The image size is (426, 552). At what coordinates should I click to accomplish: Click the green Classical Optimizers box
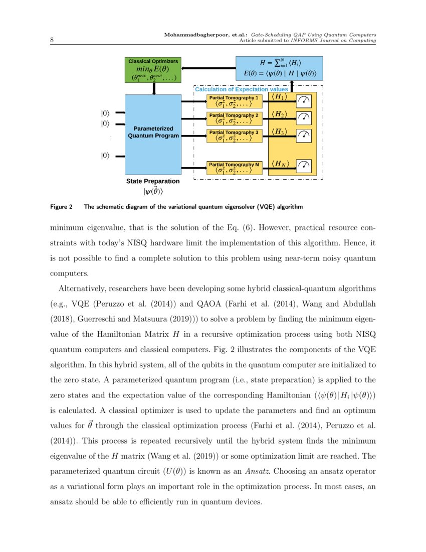pos(153,70)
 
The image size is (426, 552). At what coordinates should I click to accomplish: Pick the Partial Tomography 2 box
pos(235,118)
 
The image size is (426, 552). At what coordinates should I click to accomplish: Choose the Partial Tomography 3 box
pos(235,135)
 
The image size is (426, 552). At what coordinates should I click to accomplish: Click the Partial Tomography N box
pos(235,167)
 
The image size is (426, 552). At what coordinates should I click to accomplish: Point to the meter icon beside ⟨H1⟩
pos(304,101)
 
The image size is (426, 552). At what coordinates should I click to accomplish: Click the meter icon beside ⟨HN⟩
pos(304,165)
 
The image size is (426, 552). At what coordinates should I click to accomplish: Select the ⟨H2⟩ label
pos(279,114)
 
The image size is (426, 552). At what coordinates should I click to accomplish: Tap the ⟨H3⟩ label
pos(279,131)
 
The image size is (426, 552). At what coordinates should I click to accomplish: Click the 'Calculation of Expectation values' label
pos(241,89)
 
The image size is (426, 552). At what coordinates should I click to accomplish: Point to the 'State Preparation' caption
pos(152,181)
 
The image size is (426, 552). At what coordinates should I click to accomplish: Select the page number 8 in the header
pos(53,40)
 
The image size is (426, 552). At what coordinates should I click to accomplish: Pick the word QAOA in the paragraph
pos(183,304)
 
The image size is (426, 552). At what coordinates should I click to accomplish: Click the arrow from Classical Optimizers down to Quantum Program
pos(154,88)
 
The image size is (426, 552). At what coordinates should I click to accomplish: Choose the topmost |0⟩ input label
pos(105,113)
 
